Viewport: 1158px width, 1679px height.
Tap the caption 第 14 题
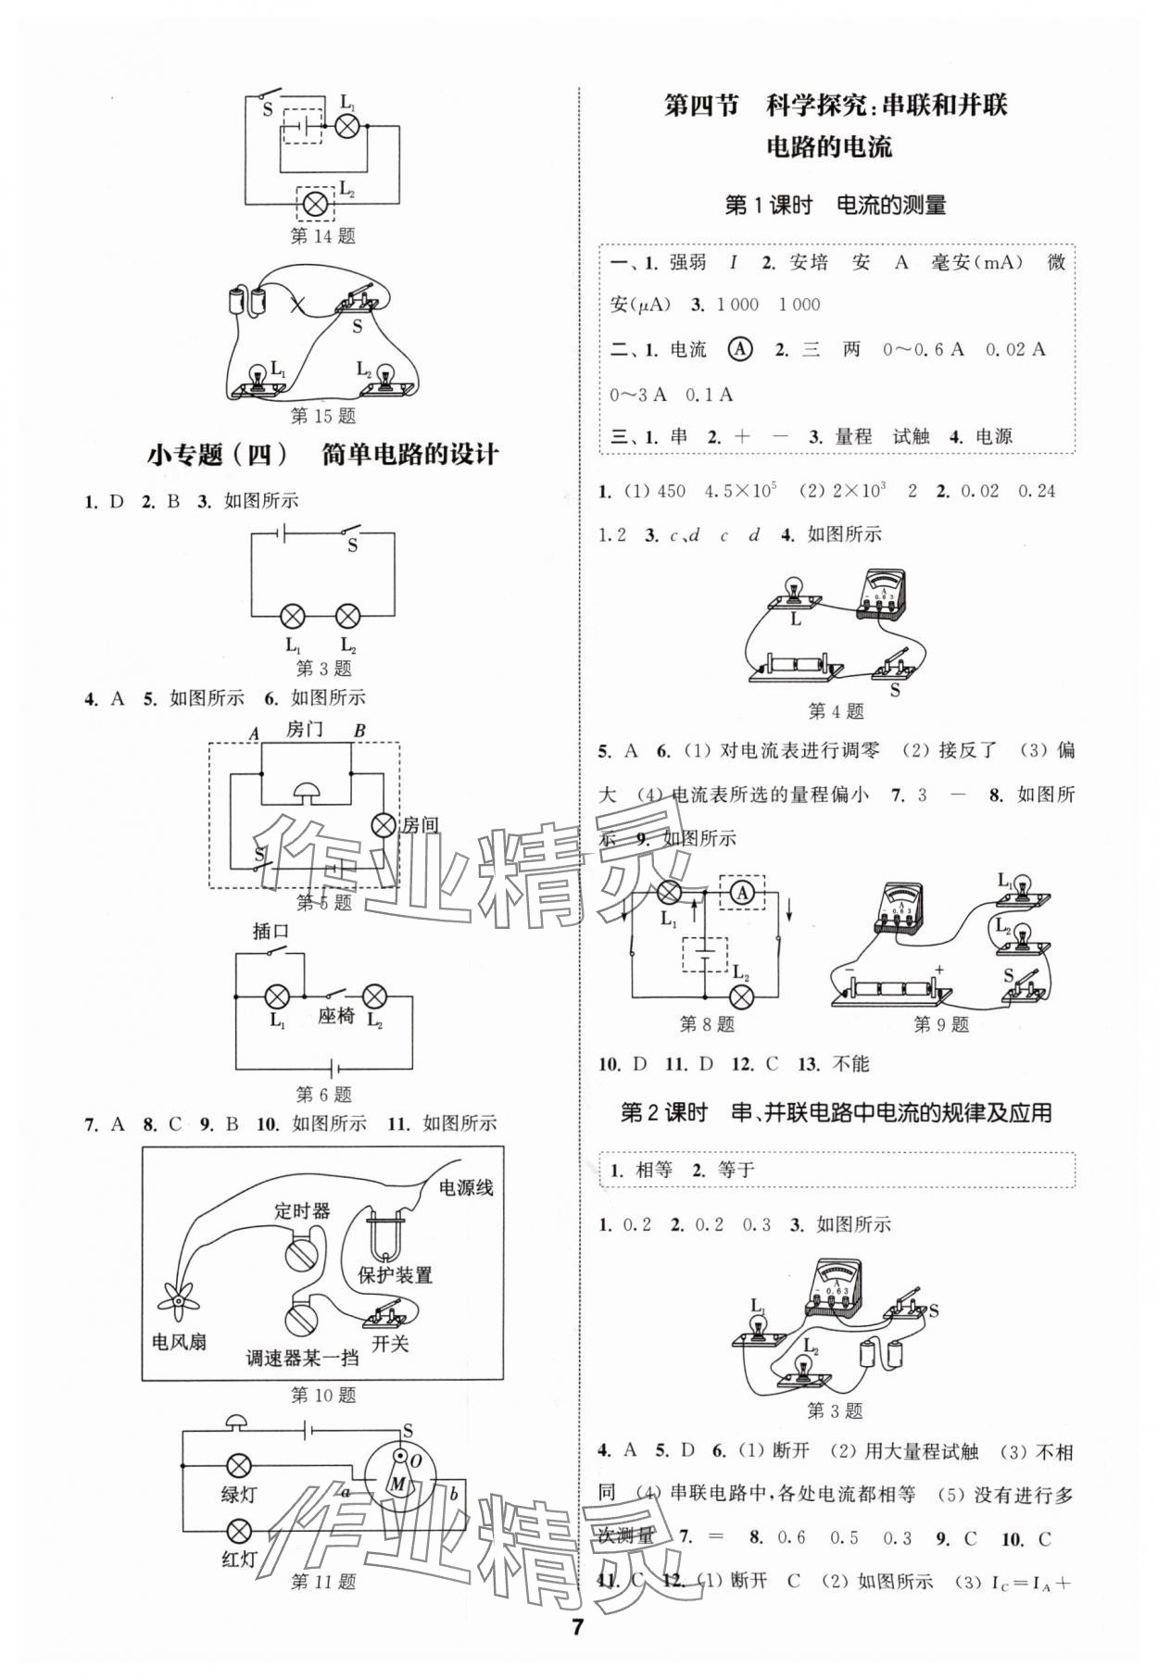(323, 236)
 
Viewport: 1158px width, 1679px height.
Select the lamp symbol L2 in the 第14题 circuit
(317, 203)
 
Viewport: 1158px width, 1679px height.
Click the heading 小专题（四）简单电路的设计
(323, 455)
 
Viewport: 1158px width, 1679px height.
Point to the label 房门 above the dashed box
(305, 729)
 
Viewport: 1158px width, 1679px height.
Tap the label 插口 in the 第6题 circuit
(271, 931)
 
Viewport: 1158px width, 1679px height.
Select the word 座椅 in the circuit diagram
(335, 1016)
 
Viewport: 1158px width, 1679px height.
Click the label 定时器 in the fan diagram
(302, 1210)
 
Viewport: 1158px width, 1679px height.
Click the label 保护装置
(396, 1275)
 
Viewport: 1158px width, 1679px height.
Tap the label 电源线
(466, 1188)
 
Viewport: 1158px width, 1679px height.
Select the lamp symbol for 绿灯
(239, 1466)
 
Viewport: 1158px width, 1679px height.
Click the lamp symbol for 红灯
(239, 1530)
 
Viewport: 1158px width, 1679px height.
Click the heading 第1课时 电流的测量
(835, 206)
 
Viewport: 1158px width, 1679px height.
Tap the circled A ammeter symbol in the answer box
(741, 349)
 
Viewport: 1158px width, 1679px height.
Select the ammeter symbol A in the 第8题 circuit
(740, 892)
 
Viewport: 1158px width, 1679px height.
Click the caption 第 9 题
(941, 1024)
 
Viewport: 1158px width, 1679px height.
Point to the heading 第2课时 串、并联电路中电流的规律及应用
(836, 1112)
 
